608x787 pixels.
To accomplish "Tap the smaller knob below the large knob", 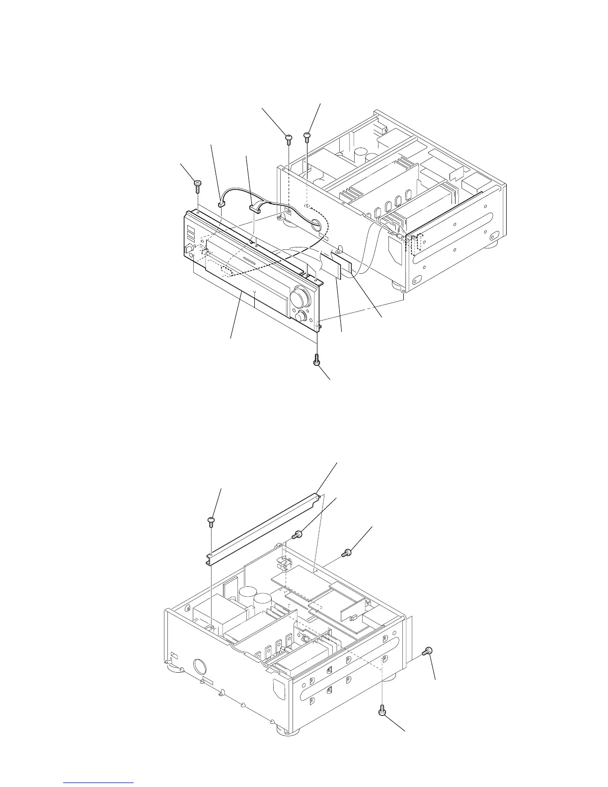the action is tap(300, 316).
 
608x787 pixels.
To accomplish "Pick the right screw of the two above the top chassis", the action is tap(307, 135).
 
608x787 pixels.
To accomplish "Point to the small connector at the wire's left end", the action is tap(221, 202).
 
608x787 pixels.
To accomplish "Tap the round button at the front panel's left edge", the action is tap(189, 248).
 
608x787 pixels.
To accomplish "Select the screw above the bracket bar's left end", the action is tap(211, 521).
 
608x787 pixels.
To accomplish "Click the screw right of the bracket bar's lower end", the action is tap(297, 535).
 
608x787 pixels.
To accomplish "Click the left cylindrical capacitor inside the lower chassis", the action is tap(246, 597).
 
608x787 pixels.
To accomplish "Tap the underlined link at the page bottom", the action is tap(99, 782).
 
